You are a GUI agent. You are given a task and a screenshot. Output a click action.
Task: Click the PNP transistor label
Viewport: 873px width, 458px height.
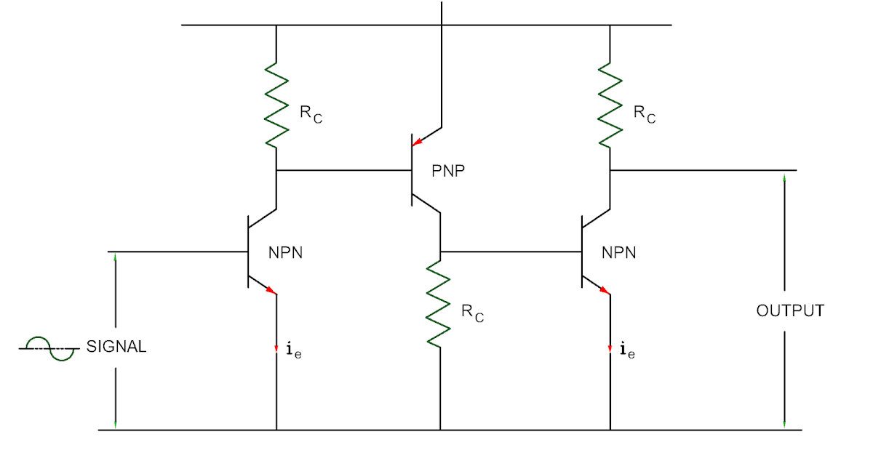(448, 172)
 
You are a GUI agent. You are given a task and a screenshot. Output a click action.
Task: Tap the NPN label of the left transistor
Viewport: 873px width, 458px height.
(286, 253)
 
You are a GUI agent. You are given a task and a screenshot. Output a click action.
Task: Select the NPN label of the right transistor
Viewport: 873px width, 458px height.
(619, 253)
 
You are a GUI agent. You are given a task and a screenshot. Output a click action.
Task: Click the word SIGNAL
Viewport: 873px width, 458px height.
(116, 347)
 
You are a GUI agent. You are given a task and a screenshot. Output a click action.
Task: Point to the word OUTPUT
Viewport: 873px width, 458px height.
(790, 311)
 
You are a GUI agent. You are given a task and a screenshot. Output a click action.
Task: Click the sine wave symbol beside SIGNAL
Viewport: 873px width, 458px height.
(49, 349)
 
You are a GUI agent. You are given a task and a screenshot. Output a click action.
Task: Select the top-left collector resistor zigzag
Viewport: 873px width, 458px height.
(276, 103)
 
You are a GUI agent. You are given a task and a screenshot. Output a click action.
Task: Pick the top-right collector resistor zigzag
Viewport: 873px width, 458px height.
(610, 103)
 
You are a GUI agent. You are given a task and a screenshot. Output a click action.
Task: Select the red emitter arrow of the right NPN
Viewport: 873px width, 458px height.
(605, 290)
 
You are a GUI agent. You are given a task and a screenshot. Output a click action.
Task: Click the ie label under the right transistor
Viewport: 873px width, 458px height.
(626, 351)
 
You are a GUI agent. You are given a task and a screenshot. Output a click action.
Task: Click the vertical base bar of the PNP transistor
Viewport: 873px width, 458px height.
(410, 170)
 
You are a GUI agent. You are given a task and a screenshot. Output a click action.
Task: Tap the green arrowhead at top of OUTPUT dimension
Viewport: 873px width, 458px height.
(784, 177)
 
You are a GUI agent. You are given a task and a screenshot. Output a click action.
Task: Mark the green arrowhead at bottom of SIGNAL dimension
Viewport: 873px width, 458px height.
(115, 424)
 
